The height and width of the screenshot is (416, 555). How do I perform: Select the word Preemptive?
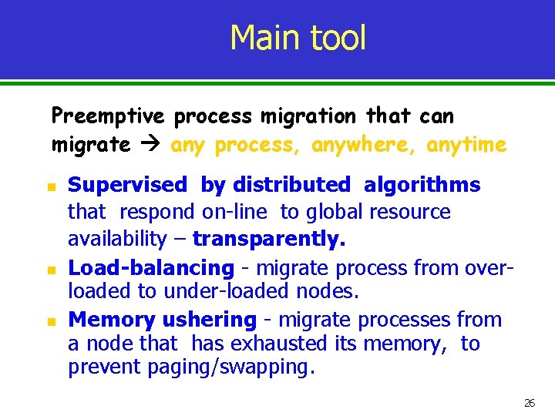click(x=108, y=116)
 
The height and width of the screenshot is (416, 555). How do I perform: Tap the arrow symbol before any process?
click(x=150, y=144)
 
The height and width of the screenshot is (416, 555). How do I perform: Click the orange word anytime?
click(x=466, y=144)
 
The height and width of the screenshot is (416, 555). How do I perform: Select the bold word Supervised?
click(x=127, y=185)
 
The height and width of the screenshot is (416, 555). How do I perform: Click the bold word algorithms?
click(x=422, y=185)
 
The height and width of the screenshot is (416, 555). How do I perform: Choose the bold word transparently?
click(x=269, y=239)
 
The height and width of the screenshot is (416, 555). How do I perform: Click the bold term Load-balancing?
click(x=150, y=267)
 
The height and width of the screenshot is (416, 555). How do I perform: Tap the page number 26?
click(x=530, y=403)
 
